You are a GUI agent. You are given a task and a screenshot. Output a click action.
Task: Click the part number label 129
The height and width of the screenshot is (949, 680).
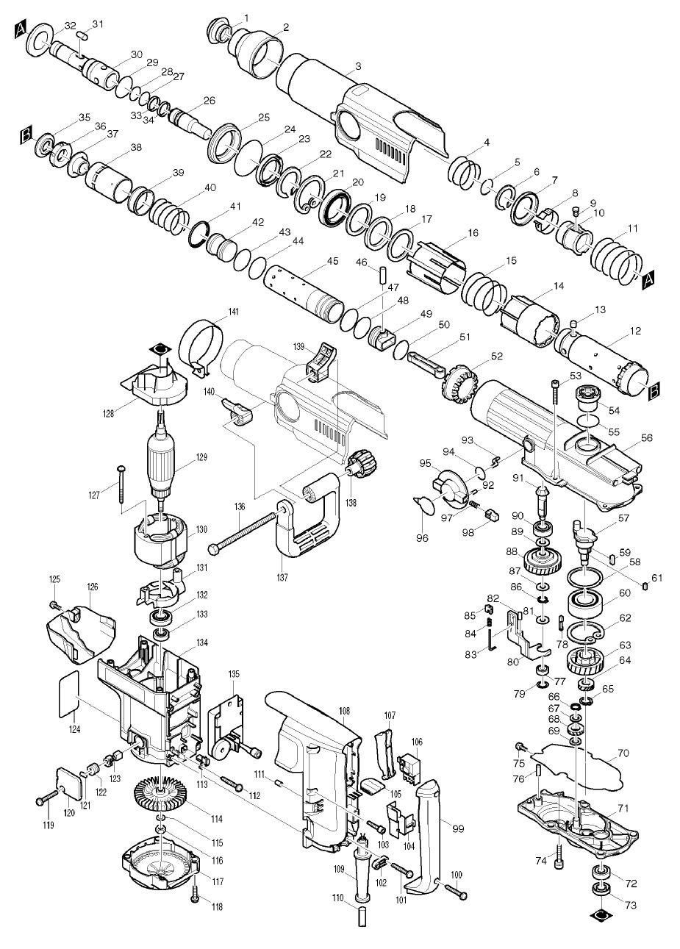[x=202, y=456]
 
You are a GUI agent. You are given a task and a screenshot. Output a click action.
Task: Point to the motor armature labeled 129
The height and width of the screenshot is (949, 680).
[x=160, y=463]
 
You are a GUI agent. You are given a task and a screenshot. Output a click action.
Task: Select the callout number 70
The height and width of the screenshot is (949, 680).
[x=623, y=753]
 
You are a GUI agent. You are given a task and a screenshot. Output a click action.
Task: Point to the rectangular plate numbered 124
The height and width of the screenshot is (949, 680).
[x=68, y=692]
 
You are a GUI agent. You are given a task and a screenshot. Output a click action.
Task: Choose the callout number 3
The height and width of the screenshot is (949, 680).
[x=358, y=66]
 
